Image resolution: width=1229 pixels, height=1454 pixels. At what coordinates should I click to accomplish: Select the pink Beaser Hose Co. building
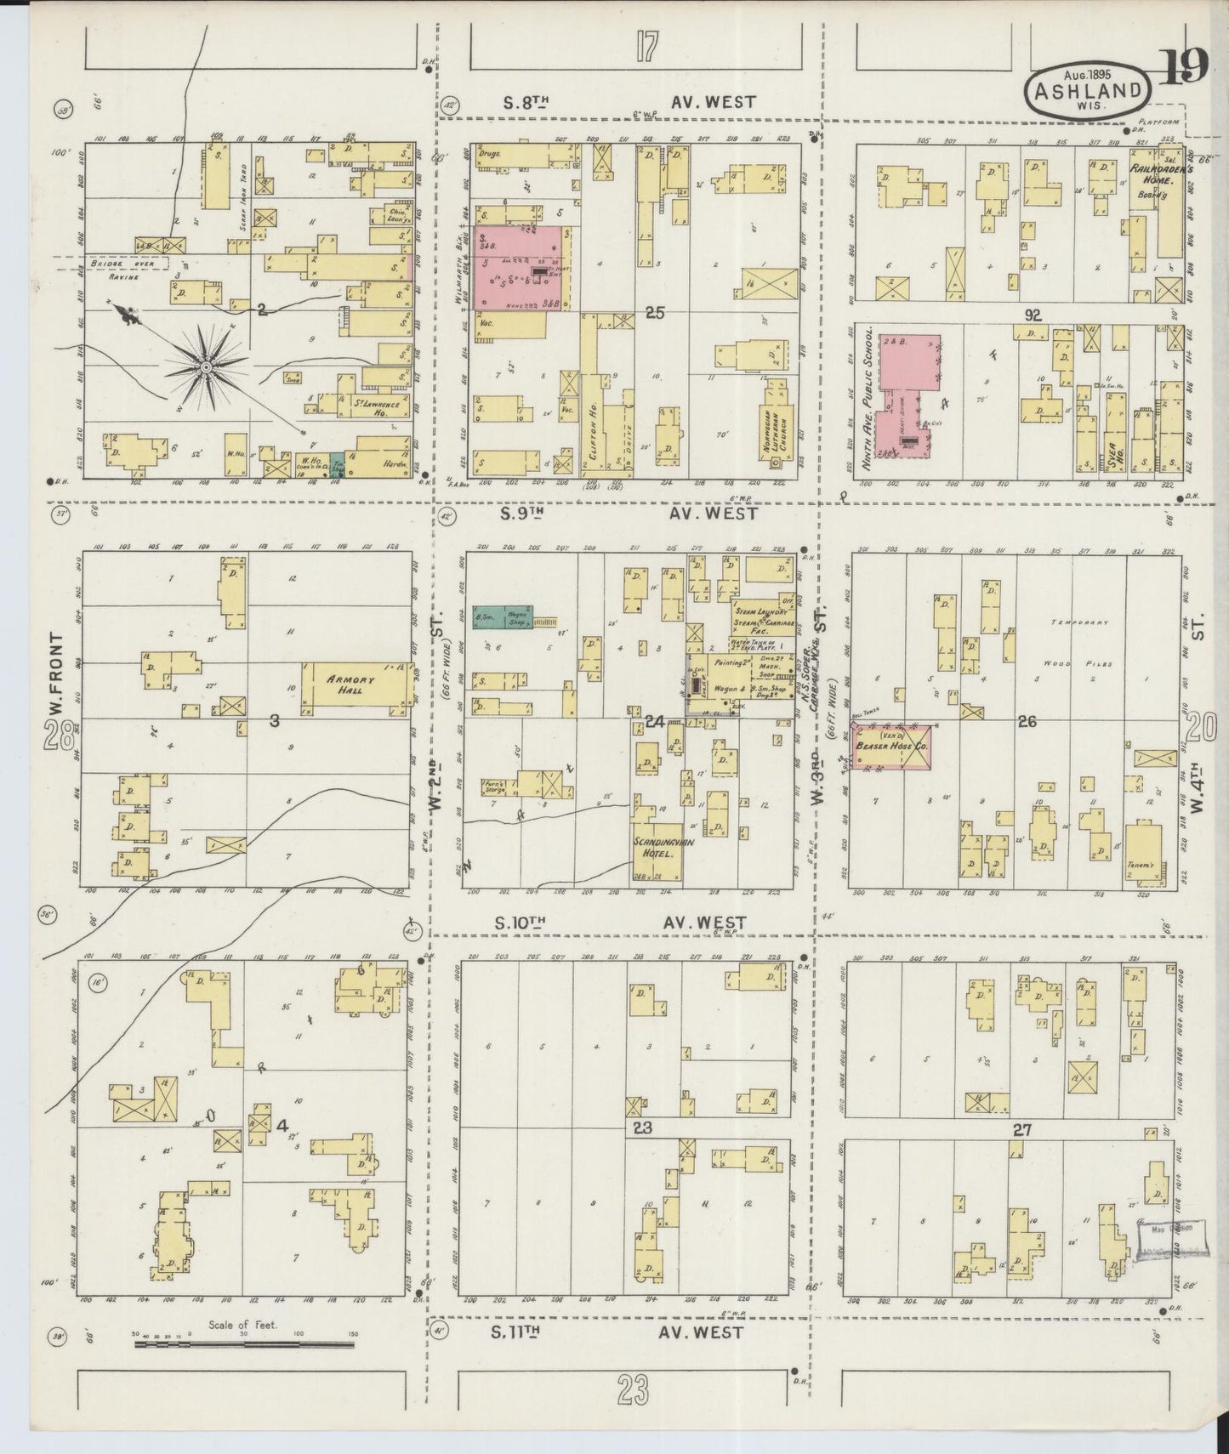tap(890, 747)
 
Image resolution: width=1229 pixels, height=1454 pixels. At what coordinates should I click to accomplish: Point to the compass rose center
tap(206, 367)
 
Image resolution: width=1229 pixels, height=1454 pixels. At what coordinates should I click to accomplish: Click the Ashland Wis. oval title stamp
tap(1088, 88)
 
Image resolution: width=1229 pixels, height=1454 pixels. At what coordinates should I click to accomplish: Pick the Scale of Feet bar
tap(244, 1347)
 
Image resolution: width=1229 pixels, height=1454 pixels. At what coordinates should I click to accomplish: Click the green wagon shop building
tap(502, 616)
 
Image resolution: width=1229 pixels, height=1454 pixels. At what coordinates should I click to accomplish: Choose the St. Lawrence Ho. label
tap(377, 407)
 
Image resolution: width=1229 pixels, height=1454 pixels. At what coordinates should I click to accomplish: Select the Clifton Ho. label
tap(593, 439)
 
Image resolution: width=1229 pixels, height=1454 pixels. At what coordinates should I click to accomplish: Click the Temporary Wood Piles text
tap(1078, 642)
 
